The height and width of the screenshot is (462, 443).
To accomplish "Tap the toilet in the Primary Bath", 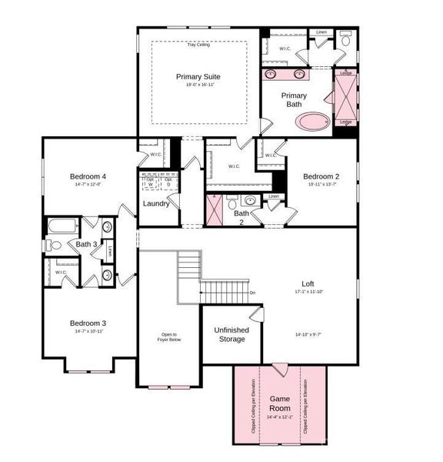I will tap(345, 39).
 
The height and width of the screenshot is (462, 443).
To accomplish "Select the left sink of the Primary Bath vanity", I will tap(271, 75).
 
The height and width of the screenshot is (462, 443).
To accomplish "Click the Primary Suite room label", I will tap(198, 77).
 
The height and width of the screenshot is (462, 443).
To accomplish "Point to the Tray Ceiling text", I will tap(198, 45).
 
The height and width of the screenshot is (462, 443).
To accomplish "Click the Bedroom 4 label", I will tap(87, 176).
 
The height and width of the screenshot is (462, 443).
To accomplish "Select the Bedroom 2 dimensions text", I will tap(321, 184).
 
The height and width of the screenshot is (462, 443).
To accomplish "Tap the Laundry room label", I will tap(156, 204).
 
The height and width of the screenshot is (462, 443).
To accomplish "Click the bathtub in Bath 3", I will tap(62, 226).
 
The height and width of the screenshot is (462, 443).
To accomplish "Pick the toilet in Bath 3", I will tap(54, 246).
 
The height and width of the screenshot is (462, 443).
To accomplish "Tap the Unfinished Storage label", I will tap(231, 334).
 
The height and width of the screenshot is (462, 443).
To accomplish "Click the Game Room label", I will tap(279, 403).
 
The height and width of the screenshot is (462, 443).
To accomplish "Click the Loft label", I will tap(308, 284).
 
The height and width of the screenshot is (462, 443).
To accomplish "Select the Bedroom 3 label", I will tap(88, 323).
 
